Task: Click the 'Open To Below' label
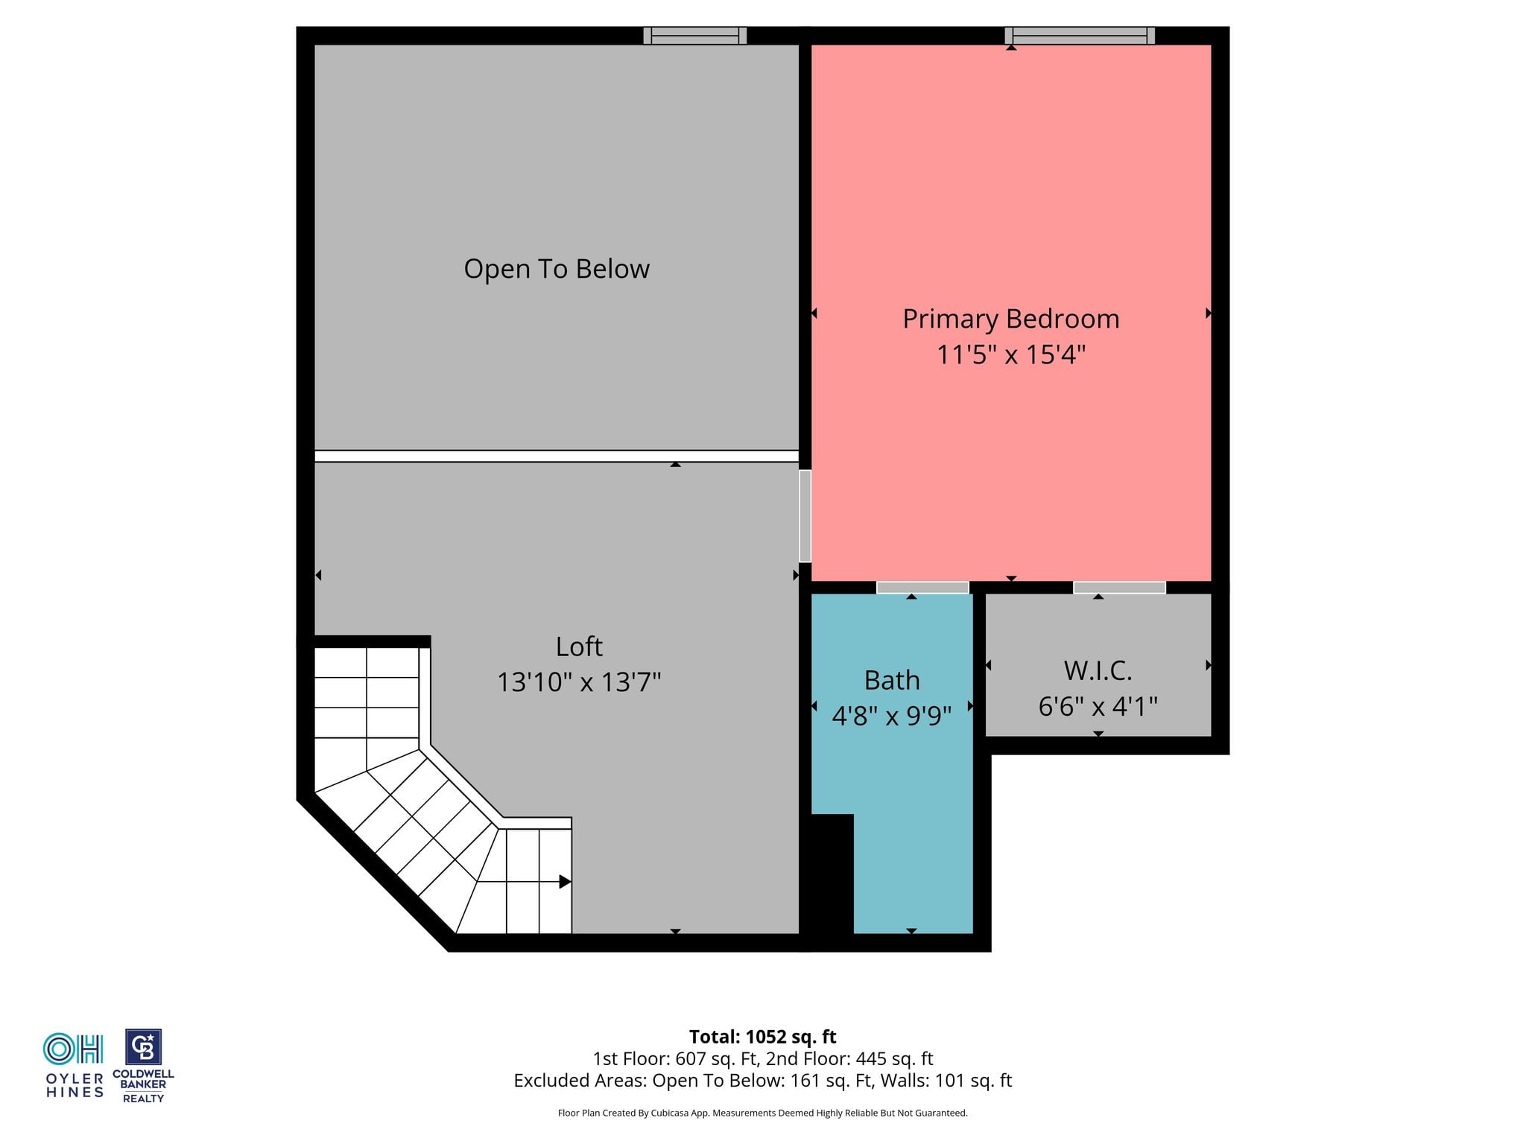557,269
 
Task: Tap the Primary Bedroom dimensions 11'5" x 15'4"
1011,355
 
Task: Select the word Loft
579,646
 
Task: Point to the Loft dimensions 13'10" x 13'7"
579,682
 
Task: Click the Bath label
892,680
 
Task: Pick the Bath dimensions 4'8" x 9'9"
892,716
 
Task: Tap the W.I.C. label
1098,670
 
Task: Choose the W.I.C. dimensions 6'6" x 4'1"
1098,706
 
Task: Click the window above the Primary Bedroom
1080,35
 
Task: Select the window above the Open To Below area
695,35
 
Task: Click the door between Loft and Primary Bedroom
805,515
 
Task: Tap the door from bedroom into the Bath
922,588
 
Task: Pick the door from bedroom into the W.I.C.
1119,588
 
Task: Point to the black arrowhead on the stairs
565,882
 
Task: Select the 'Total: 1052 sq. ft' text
762,1037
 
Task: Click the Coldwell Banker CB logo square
143,1047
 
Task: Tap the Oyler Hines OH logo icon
73,1049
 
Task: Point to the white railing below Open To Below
557,456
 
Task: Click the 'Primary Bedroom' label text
1011,319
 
